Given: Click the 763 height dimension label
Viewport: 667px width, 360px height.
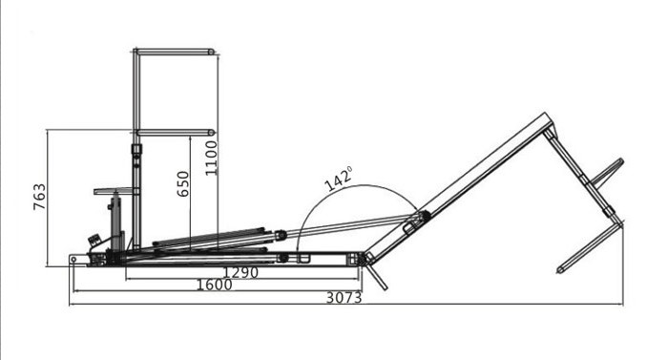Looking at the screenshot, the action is (39, 197).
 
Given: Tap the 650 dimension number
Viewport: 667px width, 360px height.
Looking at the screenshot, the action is (183, 184).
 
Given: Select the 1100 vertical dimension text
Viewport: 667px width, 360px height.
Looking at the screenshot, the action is (211, 158).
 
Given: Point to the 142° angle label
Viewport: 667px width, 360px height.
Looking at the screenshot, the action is (339, 179).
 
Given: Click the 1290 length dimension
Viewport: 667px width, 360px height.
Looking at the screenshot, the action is (240, 272).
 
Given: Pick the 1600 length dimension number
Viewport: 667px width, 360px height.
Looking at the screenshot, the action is (215, 285).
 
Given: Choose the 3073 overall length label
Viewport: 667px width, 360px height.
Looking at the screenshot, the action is (344, 298).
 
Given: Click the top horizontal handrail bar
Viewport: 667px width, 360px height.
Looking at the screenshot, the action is (175, 52).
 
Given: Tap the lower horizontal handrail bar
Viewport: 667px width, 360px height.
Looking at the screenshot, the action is (176, 133).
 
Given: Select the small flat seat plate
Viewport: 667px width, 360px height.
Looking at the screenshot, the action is (114, 191).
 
